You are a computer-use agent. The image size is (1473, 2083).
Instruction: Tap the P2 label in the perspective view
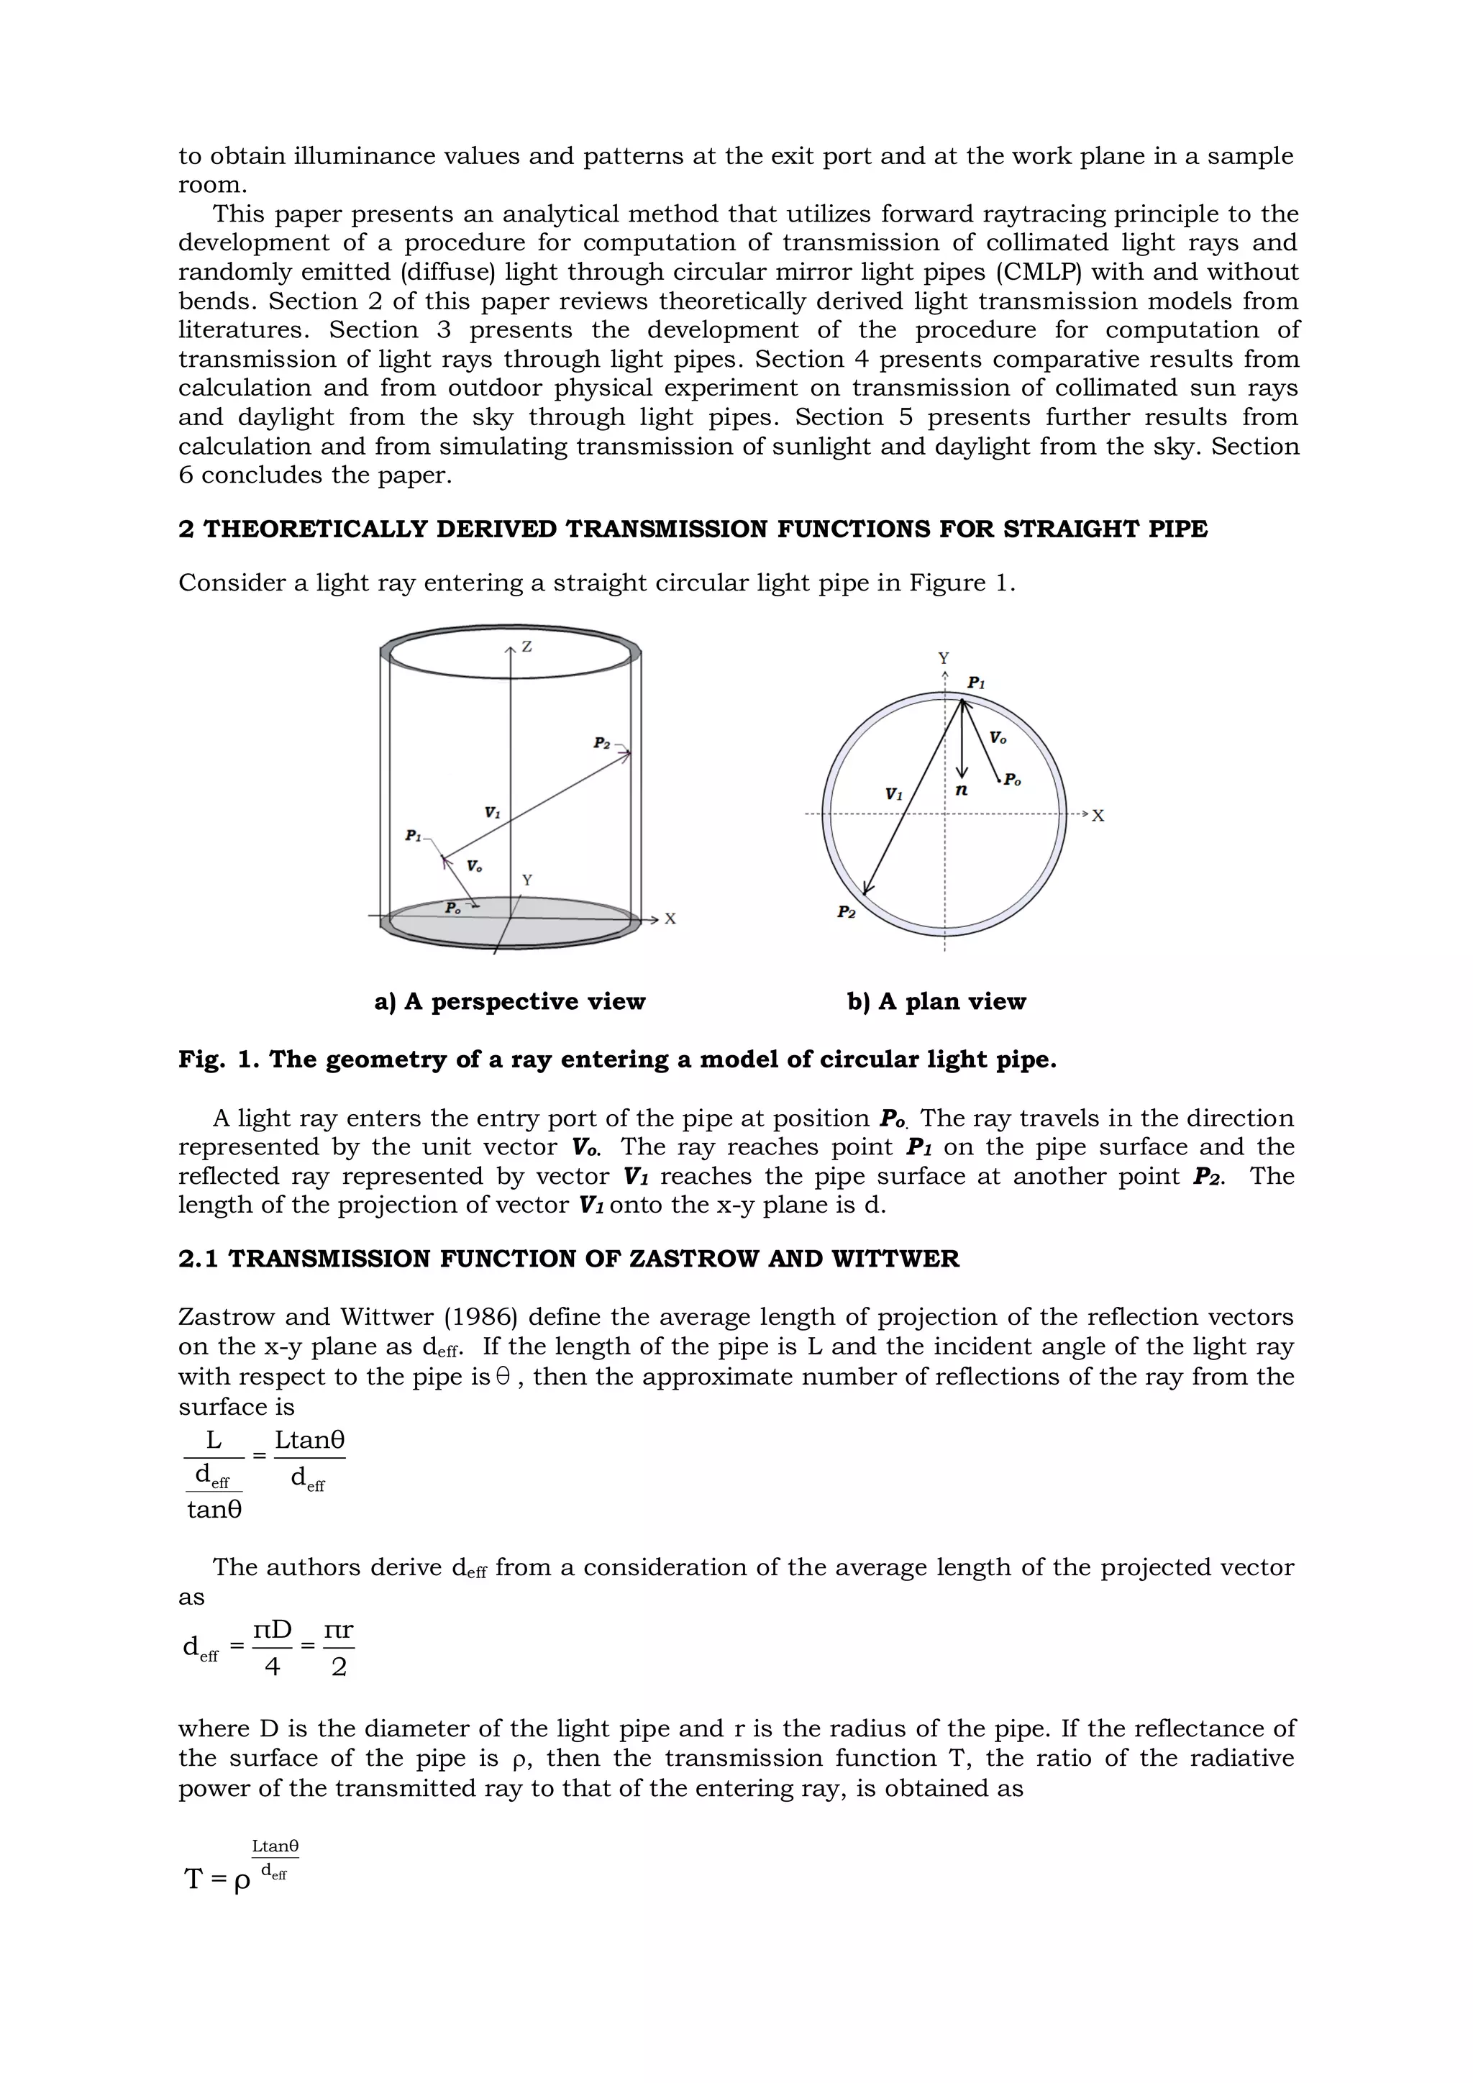pos(601,743)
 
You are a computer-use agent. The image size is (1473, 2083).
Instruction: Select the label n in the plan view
pos(962,790)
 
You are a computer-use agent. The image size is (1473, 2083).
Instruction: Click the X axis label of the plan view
pos(1098,816)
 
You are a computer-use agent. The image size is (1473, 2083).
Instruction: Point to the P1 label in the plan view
pos(976,683)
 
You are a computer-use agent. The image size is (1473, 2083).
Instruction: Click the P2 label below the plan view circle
pos(845,913)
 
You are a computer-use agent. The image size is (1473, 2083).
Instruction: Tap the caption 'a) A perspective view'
pos(510,1002)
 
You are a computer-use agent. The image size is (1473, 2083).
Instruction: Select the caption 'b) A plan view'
pos(936,1002)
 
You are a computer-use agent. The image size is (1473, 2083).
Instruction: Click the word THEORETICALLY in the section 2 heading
pos(316,529)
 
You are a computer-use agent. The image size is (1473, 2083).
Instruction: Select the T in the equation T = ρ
pos(193,1879)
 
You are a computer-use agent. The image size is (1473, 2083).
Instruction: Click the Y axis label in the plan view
pos(944,657)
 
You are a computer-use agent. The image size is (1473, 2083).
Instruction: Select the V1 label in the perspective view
pos(492,813)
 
